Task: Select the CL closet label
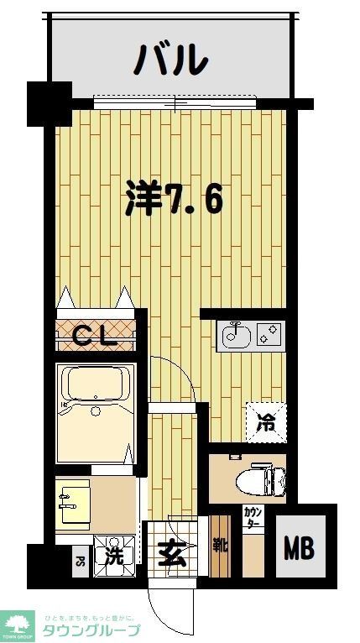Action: [x=94, y=335]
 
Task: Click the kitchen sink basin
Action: [x=233, y=337]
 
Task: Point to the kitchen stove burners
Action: [x=269, y=337]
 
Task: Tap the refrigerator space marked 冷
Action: [x=266, y=422]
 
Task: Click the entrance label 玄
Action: [x=171, y=553]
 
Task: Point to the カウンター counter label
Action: [x=251, y=517]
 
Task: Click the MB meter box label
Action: [x=298, y=550]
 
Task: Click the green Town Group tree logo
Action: [x=18, y=625]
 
